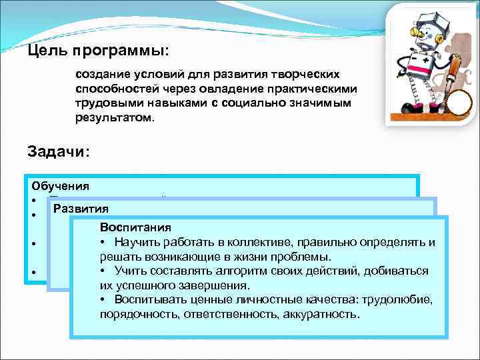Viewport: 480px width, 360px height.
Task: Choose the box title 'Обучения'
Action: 60,186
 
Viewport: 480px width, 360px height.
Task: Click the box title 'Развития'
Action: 81,207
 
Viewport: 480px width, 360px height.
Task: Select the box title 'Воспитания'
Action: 135,227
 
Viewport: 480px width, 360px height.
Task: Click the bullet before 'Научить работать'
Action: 103,242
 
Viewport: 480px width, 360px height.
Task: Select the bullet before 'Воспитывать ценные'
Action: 103,299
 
